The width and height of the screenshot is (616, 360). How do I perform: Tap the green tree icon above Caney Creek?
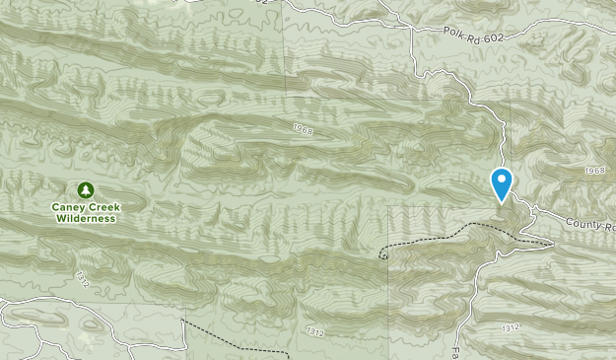(85, 189)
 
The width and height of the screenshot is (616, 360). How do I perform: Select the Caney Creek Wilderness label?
(85, 212)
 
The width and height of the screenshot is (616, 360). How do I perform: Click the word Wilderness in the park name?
(85, 219)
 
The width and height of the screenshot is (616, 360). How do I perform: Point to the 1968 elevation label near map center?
(305, 128)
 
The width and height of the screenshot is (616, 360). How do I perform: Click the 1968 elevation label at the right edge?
(594, 171)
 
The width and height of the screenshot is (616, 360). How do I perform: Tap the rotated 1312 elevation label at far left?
(82, 280)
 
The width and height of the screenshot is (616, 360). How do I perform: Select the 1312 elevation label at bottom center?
(315, 330)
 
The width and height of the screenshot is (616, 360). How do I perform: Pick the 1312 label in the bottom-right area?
(510, 327)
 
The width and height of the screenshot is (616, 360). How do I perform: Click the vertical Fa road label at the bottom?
(456, 350)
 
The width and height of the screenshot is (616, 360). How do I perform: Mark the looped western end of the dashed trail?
(381, 254)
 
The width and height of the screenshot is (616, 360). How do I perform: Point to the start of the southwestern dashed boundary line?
(183, 321)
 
